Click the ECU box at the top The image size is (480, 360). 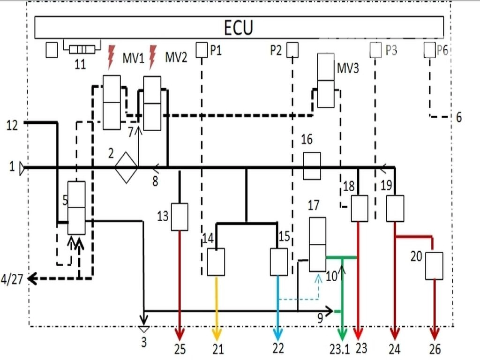coord(239,28)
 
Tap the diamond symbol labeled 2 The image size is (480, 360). coord(126,167)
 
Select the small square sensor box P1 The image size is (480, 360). coord(201,49)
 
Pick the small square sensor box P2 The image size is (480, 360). coord(292,49)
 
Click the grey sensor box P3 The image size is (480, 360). coord(375,49)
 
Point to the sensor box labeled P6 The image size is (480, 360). coord(429,49)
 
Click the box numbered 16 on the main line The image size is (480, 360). coord(312,165)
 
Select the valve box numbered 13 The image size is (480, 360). coord(180,217)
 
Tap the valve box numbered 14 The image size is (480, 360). coord(216,262)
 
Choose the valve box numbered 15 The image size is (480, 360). coord(279,262)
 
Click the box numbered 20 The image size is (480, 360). coord(434,266)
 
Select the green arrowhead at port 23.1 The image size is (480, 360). coord(343,334)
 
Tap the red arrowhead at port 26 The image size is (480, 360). coord(435,334)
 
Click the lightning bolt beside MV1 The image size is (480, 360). coord(111,56)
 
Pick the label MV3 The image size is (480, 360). coord(348,68)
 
